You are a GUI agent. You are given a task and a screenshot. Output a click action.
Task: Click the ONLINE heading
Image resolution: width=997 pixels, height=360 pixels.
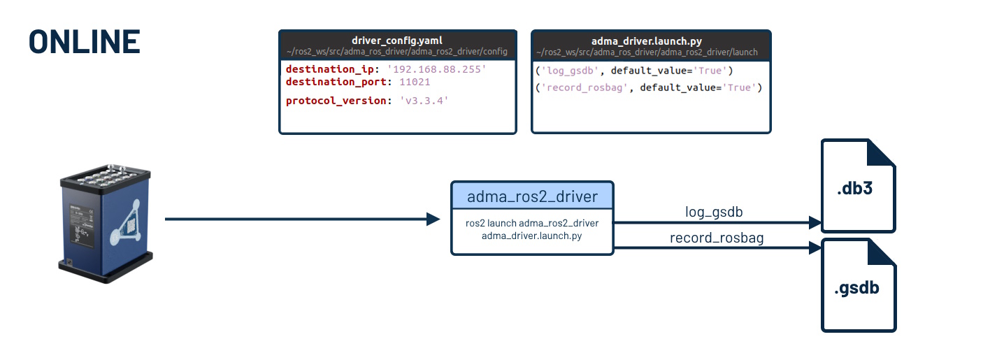tap(85, 42)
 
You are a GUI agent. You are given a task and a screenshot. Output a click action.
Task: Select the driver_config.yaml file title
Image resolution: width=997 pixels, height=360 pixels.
tap(397, 41)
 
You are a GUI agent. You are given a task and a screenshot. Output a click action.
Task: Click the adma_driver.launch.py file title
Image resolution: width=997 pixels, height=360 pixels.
tap(651, 41)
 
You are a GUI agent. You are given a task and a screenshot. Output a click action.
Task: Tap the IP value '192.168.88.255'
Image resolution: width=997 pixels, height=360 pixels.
tap(436, 70)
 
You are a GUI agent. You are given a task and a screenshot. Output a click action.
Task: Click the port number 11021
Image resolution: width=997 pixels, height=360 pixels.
tap(414, 82)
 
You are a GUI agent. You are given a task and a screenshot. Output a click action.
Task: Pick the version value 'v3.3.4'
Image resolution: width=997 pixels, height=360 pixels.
tap(423, 101)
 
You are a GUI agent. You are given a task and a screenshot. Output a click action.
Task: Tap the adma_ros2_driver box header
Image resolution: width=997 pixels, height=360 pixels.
tap(532, 196)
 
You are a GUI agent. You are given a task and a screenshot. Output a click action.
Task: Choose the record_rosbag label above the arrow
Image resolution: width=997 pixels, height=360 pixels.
tap(716, 238)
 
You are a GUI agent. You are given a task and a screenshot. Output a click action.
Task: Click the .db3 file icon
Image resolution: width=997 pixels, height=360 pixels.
tap(858, 186)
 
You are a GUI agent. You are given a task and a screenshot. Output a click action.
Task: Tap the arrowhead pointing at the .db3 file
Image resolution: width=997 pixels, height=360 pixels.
tap(814, 223)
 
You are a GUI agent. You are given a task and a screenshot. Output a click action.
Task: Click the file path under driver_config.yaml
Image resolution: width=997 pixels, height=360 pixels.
tap(397, 52)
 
